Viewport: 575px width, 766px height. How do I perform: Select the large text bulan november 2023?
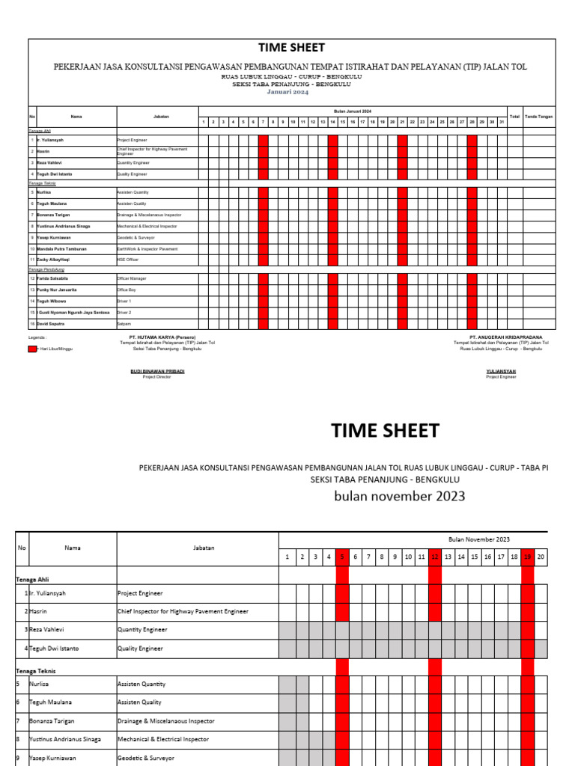pos(399,496)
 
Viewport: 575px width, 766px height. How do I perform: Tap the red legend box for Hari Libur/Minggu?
pos(32,349)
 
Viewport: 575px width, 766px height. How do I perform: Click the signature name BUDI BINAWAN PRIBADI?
pos(157,371)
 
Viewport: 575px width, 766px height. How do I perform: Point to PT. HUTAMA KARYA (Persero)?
pos(162,337)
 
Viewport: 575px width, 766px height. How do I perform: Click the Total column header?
pos(514,117)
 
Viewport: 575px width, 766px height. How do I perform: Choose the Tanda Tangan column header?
pos(539,117)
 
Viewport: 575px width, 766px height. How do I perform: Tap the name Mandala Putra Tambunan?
pos(61,248)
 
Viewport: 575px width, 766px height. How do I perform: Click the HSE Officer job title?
pos(128,260)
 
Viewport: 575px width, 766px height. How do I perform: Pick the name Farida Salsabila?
pos(53,278)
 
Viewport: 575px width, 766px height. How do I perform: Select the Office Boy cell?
pos(126,289)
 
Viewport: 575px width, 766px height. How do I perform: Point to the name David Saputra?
pos(51,323)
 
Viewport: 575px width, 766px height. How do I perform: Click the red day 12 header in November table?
pos(434,557)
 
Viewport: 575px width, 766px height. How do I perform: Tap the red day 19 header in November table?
pos(527,557)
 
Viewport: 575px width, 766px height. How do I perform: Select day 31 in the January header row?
pos(502,121)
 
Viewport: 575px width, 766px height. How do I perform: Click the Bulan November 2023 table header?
pos(478,539)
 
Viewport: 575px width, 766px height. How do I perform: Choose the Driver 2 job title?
pos(124,312)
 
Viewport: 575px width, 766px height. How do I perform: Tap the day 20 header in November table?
pos(541,557)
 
